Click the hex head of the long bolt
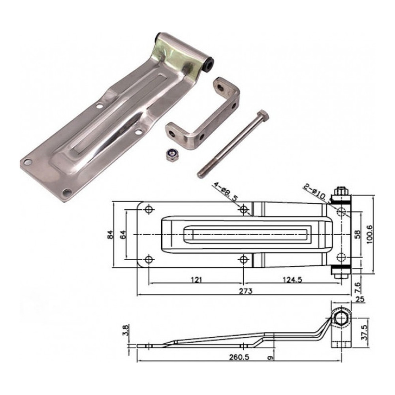coord(263,116)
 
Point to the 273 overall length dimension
coord(246,291)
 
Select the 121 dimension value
coord(196,280)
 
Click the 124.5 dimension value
coord(292,280)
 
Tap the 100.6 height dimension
coord(370,234)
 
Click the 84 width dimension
coord(111,235)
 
